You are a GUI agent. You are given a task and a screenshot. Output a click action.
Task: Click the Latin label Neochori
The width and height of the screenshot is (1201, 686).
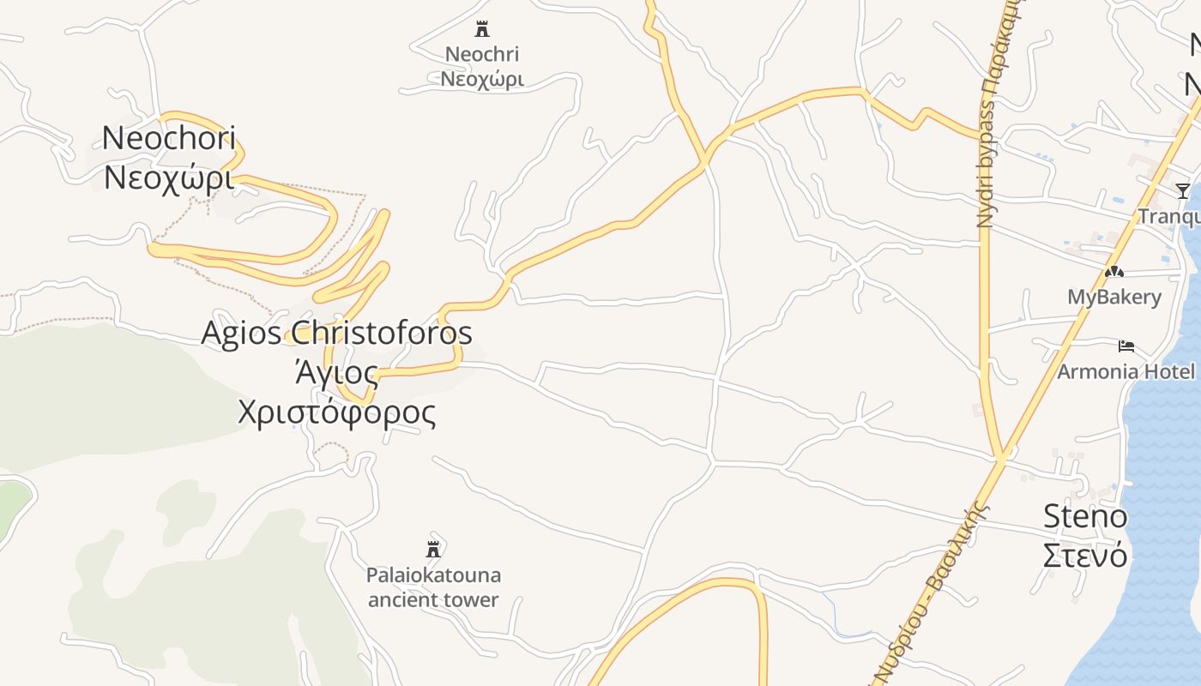click(168, 137)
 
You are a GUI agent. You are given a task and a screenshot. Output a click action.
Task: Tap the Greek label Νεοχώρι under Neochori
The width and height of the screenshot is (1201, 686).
click(168, 178)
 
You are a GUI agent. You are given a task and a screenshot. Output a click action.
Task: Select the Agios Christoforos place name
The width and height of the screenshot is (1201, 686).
click(336, 333)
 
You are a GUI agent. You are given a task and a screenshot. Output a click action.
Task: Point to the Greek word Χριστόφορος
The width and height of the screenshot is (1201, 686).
click(336, 412)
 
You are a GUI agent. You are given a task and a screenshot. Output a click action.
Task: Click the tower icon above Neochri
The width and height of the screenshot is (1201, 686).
click(482, 29)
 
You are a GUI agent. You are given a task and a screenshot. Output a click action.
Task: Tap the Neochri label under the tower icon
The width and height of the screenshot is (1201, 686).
click(482, 54)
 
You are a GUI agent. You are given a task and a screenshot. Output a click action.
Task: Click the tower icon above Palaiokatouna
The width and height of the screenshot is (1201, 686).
click(433, 549)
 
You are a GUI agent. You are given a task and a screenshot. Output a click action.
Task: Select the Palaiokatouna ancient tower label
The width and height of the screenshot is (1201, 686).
click(433, 587)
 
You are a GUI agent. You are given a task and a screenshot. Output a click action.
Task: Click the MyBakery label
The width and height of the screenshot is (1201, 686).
click(1113, 298)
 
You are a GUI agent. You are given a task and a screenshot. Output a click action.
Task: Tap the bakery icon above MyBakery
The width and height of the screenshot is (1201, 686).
click(1113, 272)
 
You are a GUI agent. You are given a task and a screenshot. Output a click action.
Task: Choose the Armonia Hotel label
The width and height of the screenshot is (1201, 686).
click(1126, 371)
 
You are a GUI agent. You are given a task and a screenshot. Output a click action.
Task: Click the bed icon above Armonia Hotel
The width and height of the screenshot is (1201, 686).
click(1126, 346)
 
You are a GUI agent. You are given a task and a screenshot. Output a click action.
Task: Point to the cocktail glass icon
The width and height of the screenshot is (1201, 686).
click(1183, 190)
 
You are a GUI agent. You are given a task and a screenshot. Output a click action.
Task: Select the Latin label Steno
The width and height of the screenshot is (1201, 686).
click(1085, 516)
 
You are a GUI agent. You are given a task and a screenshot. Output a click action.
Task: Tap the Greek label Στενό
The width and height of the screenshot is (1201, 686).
click(1085, 556)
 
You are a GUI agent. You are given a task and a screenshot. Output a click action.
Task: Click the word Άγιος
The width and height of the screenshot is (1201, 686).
click(336, 373)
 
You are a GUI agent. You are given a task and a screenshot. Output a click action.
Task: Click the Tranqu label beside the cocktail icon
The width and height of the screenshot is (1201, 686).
click(1168, 216)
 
